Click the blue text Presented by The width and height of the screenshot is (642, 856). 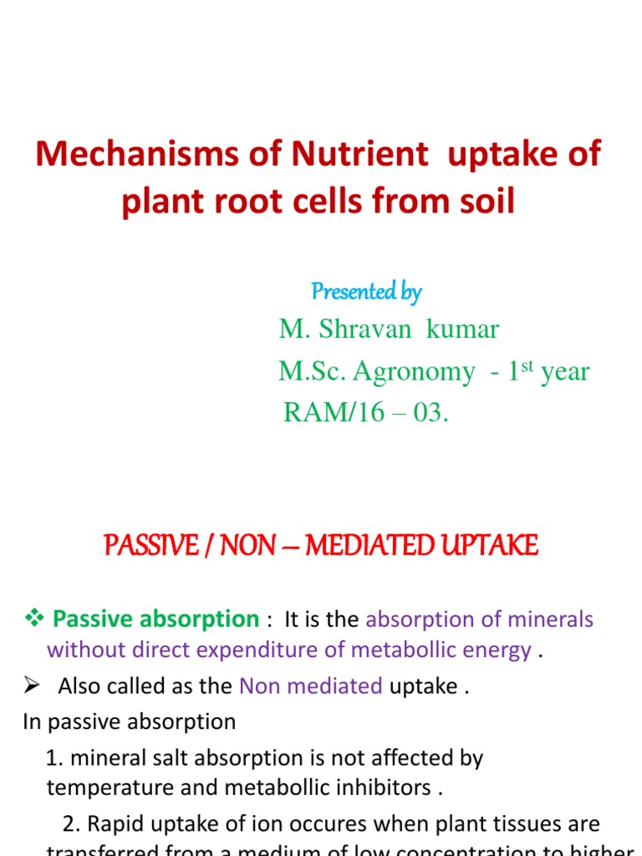point(366,292)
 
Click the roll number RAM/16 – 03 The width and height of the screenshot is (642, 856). point(366,412)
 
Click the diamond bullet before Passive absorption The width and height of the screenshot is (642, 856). point(34,619)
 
